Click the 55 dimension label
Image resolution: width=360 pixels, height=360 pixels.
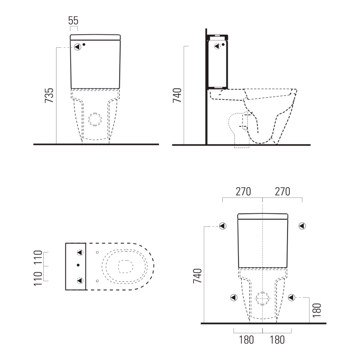click(x=73, y=21)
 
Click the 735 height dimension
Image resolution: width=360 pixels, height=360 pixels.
click(x=49, y=95)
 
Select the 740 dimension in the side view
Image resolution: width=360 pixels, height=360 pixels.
click(x=177, y=95)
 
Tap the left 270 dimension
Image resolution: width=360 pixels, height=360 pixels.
click(x=243, y=192)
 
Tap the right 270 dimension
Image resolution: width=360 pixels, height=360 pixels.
click(x=283, y=192)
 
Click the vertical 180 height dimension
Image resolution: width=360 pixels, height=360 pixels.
click(x=317, y=310)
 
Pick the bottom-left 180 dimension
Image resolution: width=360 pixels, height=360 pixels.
click(x=246, y=340)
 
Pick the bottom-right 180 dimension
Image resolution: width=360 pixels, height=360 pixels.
click(x=277, y=340)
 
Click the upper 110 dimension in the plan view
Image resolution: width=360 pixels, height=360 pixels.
click(x=38, y=257)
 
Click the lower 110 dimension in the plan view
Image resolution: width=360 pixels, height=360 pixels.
click(x=38, y=279)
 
